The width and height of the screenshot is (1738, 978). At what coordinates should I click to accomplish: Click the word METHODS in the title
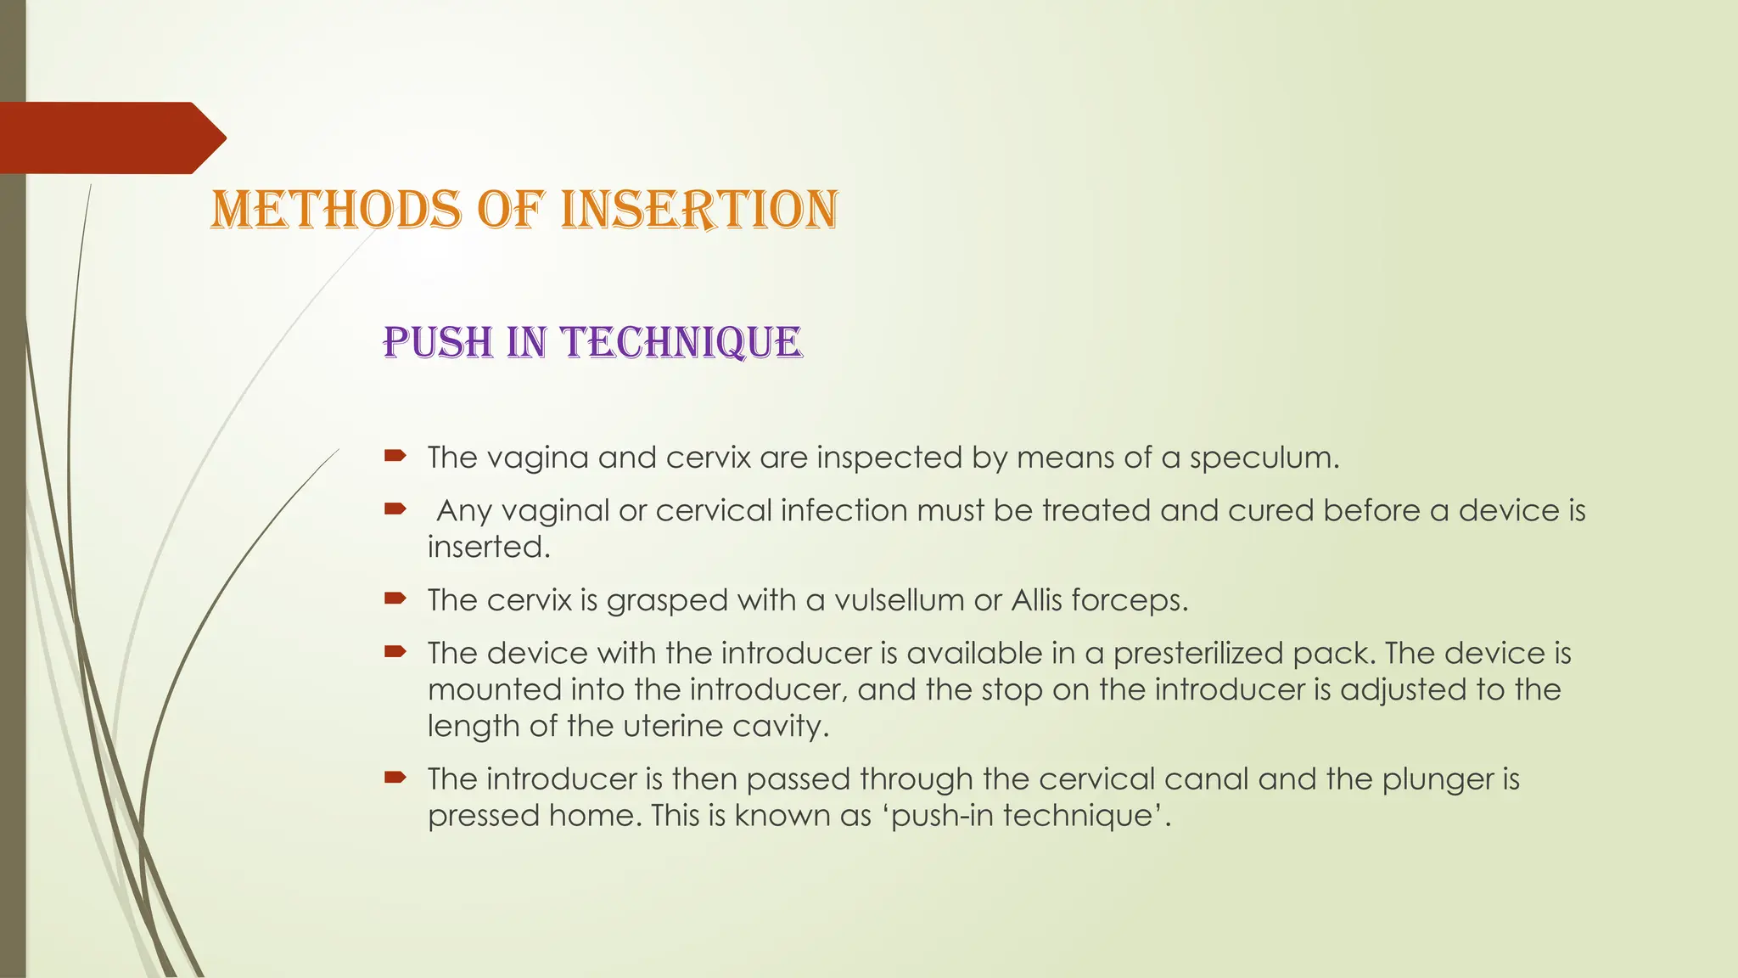[x=335, y=210]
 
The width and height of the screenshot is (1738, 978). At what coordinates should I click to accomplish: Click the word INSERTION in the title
[x=699, y=210]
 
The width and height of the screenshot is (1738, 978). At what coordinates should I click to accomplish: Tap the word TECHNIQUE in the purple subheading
[x=682, y=343]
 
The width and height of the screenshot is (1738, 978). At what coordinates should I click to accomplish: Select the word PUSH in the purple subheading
[x=438, y=343]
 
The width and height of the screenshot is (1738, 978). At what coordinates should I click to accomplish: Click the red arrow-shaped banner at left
[x=110, y=138]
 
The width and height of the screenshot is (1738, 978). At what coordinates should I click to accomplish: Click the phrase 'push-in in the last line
[x=940, y=816]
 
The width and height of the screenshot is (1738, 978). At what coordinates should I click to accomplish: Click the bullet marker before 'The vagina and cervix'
[x=395, y=456]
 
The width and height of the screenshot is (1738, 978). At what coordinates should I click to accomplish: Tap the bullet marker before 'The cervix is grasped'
[x=395, y=599]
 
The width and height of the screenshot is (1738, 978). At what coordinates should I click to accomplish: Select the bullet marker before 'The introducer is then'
[x=395, y=777]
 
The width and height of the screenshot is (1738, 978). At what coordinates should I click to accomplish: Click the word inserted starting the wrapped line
[x=488, y=547]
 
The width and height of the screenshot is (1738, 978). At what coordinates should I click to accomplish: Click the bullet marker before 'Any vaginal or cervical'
[x=395, y=509]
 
